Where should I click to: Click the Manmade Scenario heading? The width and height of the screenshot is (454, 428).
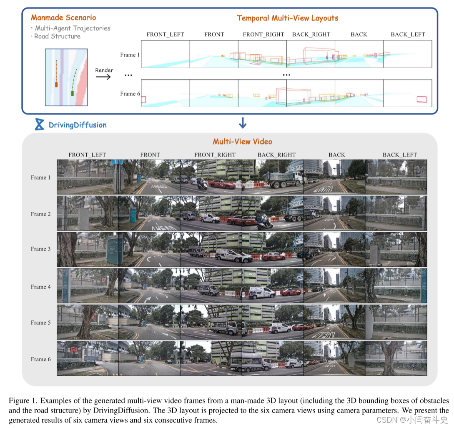coord(63,18)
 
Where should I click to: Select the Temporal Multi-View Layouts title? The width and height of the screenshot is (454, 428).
coord(287,18)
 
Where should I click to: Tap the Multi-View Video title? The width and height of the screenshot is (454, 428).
coord(242,142)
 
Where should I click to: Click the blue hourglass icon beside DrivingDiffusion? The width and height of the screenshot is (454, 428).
coord(40,124)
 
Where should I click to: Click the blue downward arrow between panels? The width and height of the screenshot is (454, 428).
coord(243,123)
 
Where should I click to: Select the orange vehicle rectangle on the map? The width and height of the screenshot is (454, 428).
coord(56,85)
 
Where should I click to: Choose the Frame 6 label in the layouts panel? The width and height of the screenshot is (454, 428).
coord(130,94)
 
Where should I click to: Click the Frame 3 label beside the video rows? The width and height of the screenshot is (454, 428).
coord(41,249)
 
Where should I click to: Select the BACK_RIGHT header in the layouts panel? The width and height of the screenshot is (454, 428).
coord(311,35)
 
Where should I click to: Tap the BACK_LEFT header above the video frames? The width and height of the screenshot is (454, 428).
coord(399,155)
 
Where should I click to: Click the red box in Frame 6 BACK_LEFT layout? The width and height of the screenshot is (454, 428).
coord(421,99)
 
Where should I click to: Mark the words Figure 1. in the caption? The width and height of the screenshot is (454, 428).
coord(23,401)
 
